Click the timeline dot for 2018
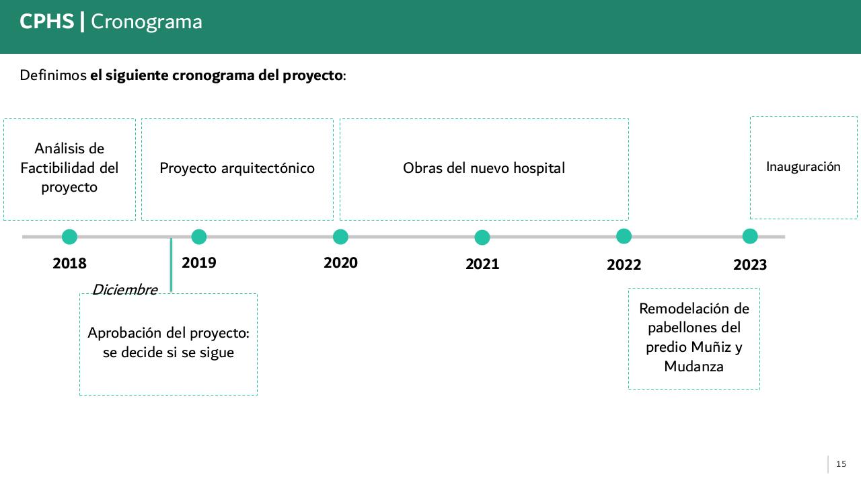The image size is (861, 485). click(x=69, y=237)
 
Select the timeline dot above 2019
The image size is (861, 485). click(x=198, y=237)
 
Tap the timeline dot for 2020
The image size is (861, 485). click(x=340, y=237)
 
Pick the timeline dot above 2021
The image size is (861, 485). click(x=482, y=237)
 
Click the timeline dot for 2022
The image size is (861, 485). click(x=624, y=236)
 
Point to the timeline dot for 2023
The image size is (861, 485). click(x=750, y=236)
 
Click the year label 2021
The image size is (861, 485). click(x=482, y=264)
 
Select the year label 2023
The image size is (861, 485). click(x=750, y=265)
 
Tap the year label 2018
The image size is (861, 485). click(x=69, y=264)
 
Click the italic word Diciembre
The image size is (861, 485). click(x=124, y=290)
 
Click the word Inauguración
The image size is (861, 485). click(x=803, y=167)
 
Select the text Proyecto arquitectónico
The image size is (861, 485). click(x=237, y=168)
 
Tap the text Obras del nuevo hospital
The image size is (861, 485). click(x=484, y=168)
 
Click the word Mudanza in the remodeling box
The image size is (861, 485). click(x=694, y=367)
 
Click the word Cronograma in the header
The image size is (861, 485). click(x=146, y=22)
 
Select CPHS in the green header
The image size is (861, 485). click(x=46, y=22)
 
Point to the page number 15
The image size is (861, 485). click(x=841, y=464)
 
